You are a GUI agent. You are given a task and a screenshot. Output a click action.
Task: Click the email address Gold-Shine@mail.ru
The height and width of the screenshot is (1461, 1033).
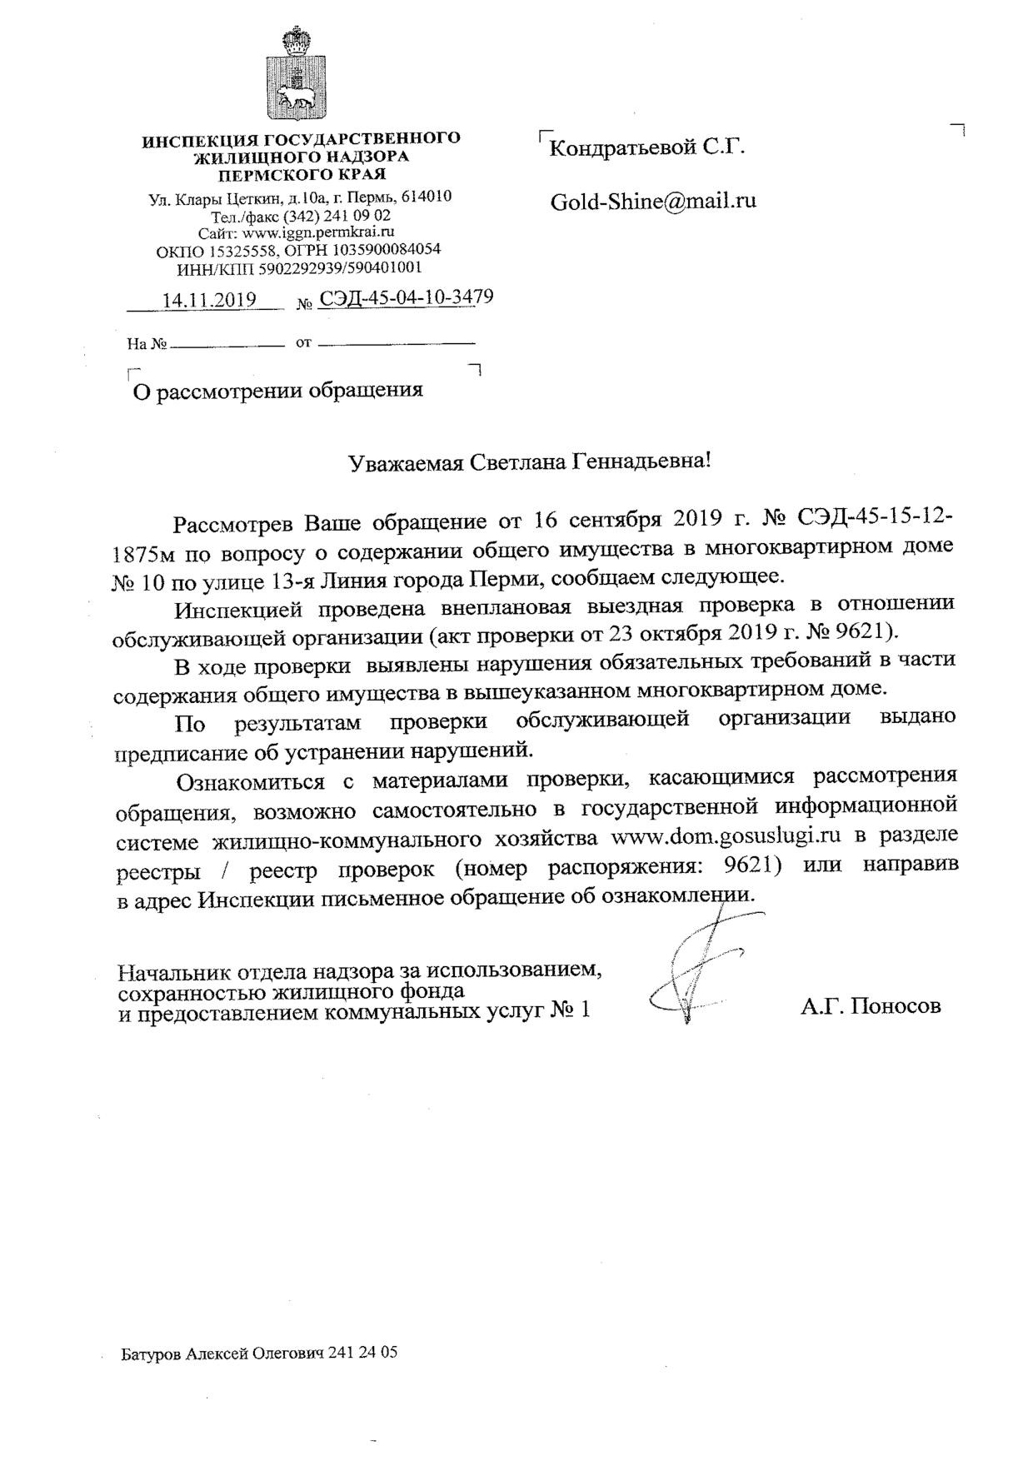[x=653, y=202]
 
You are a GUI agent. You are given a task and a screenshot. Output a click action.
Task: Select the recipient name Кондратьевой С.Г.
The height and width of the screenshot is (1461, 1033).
[x=647, y=149]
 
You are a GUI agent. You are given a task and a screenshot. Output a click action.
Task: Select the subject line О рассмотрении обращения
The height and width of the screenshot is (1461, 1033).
[x=278, y=390]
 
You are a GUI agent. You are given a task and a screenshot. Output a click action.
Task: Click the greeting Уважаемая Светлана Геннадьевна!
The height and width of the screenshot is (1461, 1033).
[x=530, y=461]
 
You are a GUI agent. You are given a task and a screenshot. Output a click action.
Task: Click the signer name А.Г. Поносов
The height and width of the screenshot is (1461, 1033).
[x=871, y=1006]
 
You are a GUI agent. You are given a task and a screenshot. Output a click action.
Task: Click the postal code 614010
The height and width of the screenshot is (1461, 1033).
[x=427, y=197]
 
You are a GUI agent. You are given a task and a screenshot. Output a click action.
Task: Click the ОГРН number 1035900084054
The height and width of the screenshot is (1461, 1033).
[x=387, y=249]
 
